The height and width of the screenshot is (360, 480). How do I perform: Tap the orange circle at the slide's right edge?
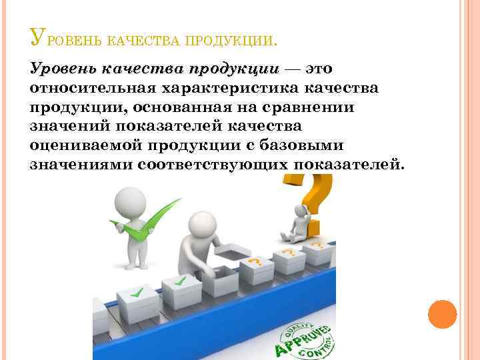(x=442, y=313)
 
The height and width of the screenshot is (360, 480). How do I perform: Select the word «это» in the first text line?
(x=319, y=69)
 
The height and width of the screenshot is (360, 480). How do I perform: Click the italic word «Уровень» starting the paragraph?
(x=63, y=69)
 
